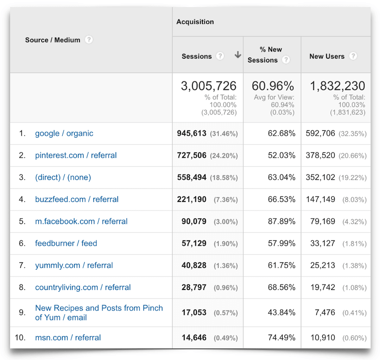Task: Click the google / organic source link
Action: [x=64, y=133]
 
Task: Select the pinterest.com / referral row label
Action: [x=76, y=155]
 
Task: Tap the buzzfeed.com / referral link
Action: [x=77, y=199]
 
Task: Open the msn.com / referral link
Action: [x=68, y=337]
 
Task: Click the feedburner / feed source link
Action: [x=66, y=243]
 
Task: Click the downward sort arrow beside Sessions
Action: [x=238, y=55]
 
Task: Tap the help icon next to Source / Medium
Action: [x=89, y=40]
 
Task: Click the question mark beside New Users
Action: [x=353, y=56]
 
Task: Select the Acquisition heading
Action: [x=195, y=22]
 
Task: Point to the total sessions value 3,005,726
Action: [x=208, y=86]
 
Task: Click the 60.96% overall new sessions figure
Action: [x=273, y=86]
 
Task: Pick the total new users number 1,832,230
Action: [x=337, y=86]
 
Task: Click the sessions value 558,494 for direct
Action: [x=192, y=177]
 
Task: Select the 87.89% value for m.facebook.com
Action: [x=282, y=221]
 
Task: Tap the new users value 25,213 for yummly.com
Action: [x=322, y=265]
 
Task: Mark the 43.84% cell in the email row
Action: [x=282, y=312]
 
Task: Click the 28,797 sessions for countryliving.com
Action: [x=194, y=287]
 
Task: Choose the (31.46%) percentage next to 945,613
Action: [x=224, y=134]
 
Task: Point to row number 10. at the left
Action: [x=20, y=337]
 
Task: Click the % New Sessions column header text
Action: [x=265, y=55]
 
